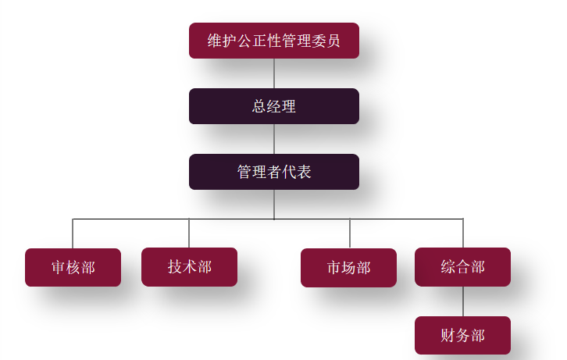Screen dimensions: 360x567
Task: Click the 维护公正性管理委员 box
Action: [273, 41]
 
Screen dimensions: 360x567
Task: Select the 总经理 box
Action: [273, 106]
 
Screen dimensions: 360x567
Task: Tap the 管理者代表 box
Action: [273, 172]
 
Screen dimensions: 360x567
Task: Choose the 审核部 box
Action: [73, 268]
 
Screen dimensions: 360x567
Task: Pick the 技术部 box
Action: [189, 267]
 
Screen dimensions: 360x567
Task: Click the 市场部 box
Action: [348, 268]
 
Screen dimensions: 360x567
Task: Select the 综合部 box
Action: [462, 267]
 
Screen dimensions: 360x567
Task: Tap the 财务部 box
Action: [462, 336]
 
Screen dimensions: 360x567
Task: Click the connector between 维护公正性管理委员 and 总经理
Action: [274, 73]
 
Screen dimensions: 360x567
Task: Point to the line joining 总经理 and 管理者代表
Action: [274, 139]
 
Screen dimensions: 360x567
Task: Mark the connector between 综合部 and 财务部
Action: [463, 301]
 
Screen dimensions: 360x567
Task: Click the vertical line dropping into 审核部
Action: [73, 233]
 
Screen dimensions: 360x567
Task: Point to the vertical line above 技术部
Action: [189, 233]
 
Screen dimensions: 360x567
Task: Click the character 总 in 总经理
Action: [259, 107]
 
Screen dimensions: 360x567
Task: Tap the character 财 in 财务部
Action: [448, 336]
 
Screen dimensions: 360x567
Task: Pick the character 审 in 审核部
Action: [59, 268]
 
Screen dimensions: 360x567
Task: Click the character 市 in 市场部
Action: [334, 268]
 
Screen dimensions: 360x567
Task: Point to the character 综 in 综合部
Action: [448, 267]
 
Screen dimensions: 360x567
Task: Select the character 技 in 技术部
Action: [175, 267]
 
